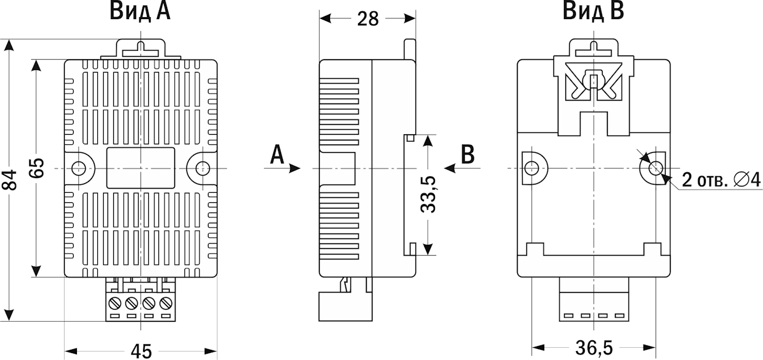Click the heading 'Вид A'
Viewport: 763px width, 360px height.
[140, 12]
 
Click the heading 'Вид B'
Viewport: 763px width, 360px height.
[593, 12]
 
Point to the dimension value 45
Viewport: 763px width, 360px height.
[141, 350]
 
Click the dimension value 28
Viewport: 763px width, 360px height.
[368, 19]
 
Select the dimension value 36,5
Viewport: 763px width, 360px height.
[594, 348]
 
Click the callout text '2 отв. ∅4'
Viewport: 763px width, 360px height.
[721, 180]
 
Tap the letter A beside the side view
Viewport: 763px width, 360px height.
[276, 154]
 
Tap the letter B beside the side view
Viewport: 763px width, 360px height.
[467, 154]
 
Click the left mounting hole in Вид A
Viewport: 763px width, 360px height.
[79, 169]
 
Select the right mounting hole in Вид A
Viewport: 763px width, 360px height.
[202, 169]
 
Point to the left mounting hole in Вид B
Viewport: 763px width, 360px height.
[532, 169]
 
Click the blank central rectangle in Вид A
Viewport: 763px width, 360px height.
[141, 168]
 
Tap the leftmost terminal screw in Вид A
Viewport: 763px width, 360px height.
[115, 302]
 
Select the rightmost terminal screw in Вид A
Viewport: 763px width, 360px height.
[167, 302]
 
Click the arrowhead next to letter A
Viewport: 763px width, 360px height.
[294, 169]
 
